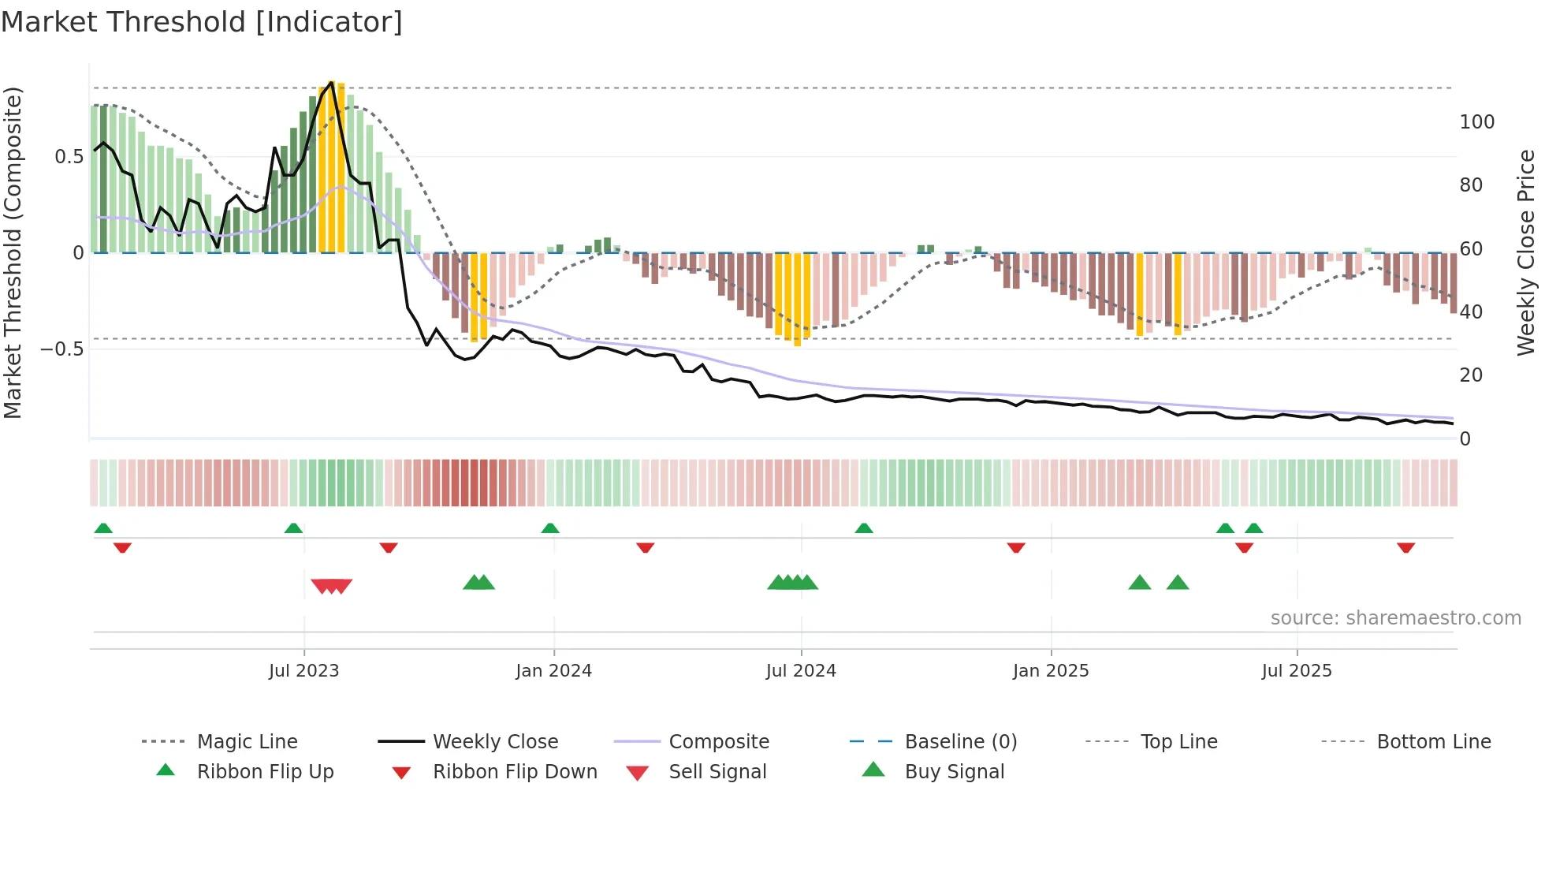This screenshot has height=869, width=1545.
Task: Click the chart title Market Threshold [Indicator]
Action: pos(202,22)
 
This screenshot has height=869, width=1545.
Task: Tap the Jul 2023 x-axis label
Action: pos(303,671)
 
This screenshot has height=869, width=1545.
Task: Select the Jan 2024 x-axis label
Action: pos(553,671)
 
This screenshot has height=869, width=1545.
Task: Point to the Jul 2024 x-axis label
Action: pos(801,671)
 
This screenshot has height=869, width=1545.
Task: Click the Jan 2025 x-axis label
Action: pos(1051,671)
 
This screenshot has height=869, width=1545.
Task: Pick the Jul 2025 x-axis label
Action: pos(1297,671)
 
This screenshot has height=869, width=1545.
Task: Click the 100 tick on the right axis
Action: pos(1477,122)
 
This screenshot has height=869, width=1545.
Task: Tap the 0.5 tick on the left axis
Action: pos(69,157)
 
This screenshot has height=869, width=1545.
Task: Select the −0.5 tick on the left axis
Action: pos(62,349)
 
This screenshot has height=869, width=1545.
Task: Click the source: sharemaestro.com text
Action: pos(1395,618)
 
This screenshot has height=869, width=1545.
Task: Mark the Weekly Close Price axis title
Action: pos(1526,252)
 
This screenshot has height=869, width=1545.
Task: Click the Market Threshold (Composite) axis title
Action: pos(13,252)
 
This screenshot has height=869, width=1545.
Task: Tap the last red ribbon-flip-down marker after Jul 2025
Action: pos(1405,547)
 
